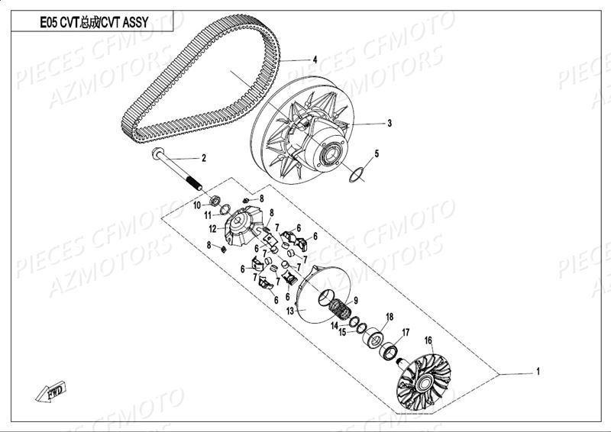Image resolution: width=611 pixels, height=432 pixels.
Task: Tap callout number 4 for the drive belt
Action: coord(313,59)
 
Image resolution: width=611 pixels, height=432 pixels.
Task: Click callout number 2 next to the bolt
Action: coord(204,159)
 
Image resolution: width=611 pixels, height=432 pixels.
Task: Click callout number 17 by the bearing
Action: coord(406,332)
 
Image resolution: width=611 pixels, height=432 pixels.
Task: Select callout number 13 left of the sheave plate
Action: coord(290,311)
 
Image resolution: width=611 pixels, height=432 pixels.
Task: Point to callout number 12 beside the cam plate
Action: coord(213,228)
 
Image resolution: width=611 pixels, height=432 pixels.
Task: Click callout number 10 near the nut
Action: coord(196,205)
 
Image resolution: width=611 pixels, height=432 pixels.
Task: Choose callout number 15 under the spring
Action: coord(343,332)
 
